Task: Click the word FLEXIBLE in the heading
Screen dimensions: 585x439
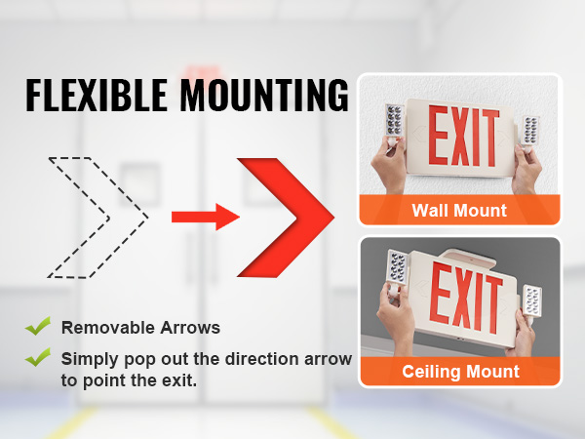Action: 97,95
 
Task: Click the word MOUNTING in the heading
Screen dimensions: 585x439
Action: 264,95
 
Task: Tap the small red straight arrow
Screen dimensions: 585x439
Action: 206,217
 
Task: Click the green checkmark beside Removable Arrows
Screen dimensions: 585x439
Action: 38,326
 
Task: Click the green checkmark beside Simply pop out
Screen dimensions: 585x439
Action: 38,357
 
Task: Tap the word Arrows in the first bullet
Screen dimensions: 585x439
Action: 190,328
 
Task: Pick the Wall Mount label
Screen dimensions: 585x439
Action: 459,210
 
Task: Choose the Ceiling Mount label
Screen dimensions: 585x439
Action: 461,372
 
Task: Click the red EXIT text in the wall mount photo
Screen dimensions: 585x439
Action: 463,137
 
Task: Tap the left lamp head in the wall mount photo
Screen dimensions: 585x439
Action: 395,122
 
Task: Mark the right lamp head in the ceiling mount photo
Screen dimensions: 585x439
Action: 532,300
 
